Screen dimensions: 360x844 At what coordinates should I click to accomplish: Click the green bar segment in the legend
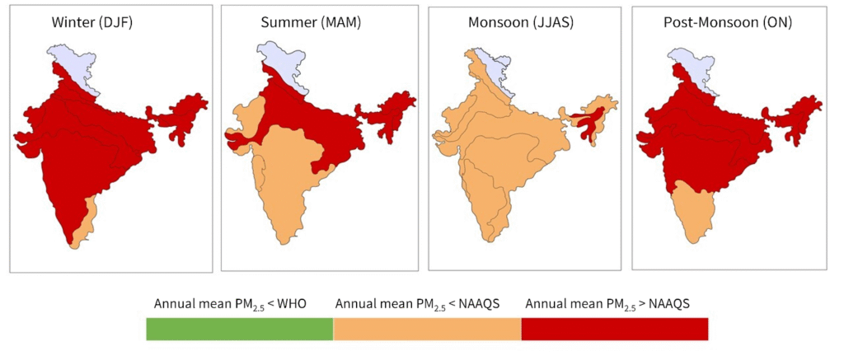(x=239, y=329)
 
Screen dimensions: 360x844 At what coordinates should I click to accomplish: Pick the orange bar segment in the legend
(x=427, y=329)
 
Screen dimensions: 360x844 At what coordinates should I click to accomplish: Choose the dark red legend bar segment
(x=615, y=329)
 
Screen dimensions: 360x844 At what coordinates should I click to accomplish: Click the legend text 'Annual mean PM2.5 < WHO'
(x=230, y=304)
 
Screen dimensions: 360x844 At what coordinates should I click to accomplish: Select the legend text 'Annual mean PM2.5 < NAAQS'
(x=420, y=304)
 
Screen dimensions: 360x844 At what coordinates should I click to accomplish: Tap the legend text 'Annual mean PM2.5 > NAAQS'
(x=607, y=304)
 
